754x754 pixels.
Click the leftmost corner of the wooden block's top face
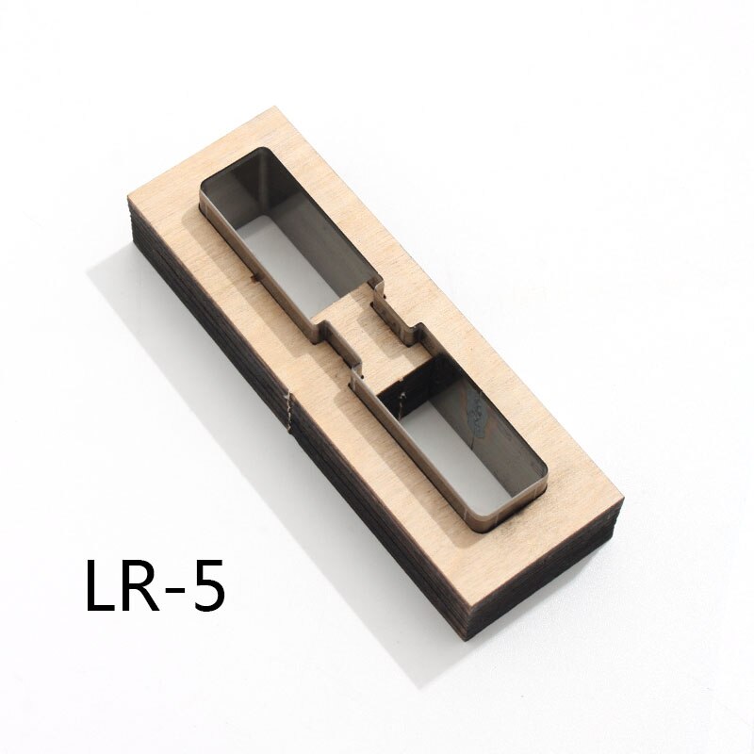(x=128, y=200)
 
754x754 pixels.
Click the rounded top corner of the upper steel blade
(x=264, y=151)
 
